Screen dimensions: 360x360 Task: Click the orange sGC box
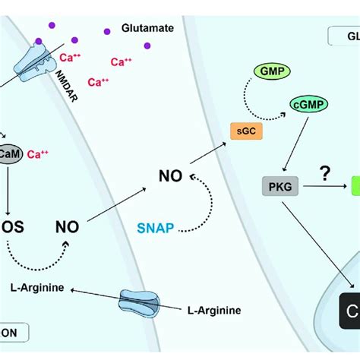pos(241,132)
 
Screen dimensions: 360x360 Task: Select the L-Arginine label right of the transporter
pos(215,309)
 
